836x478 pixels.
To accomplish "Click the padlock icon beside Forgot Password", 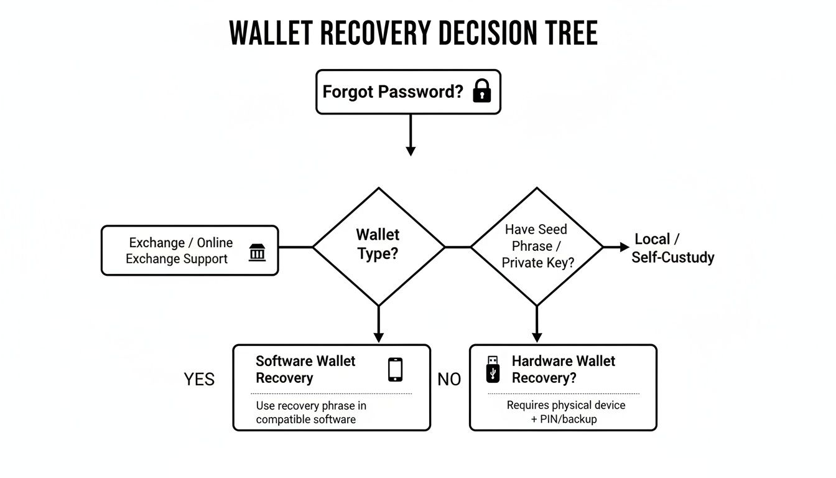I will (x=482, y=91).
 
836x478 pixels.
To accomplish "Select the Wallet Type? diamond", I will (x=378, y=246).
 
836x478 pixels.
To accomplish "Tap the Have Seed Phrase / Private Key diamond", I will (x=537, y=246).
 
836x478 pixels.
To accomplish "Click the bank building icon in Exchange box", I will (x=257, y=252).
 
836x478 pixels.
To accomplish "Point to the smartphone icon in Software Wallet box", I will (x=395, y=369).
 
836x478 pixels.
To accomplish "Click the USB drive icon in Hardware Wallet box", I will (x=493, y=369).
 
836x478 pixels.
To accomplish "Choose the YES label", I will (x=199, y=379).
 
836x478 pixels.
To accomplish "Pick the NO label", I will (x=449, y=379).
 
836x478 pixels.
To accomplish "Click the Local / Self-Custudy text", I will (x=672, y=248).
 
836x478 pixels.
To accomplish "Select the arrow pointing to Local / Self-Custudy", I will (x=617, y=247).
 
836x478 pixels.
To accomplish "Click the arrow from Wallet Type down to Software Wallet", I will (x=378, y=325).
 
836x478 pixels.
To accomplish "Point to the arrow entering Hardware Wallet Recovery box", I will (x=537, y=325).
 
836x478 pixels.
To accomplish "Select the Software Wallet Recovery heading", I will (x=305, y=369).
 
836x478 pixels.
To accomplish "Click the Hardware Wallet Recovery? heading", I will (x=563, y=369).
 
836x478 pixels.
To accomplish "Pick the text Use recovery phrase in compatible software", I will (x=311, y=412).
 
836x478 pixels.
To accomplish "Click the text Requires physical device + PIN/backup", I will (x=565, y=412).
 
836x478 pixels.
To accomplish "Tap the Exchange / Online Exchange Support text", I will (x=179, y=251).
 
